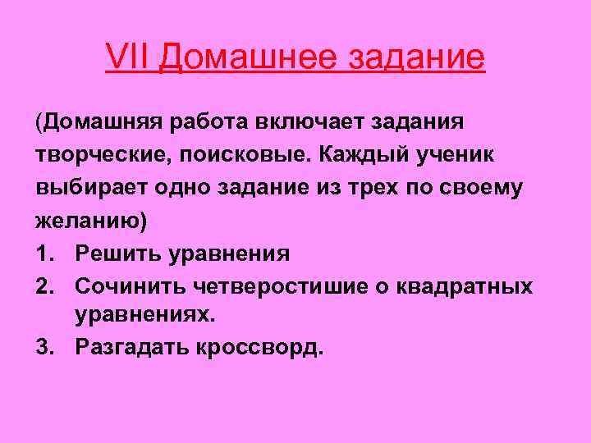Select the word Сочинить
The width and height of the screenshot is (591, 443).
coord(131,285)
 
